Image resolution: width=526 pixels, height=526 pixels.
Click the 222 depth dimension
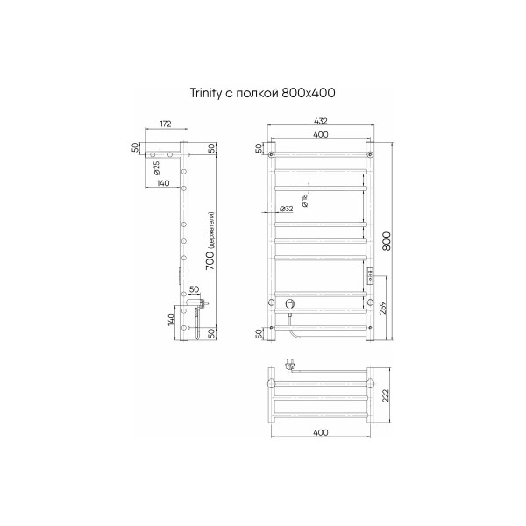tap(387, 397)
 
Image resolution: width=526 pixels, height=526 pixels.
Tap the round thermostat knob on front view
tap(290, 304)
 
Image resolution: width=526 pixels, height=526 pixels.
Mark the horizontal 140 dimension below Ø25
tap(162, 183)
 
